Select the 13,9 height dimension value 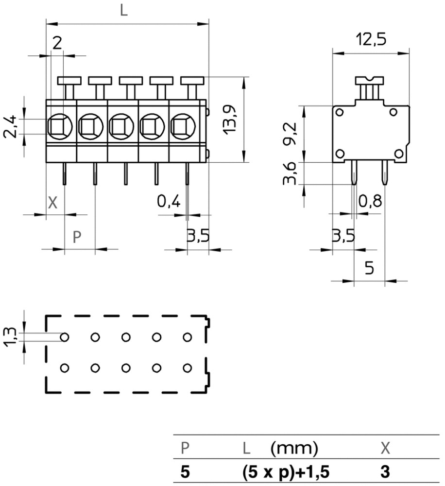click(x=229, y=120)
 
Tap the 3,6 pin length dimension click(x=290, y=174)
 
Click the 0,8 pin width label click(x=370, y=201)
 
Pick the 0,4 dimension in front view click(x=169, y=201)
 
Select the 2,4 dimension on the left click(x=12, y=127)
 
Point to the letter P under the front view click(x=77, y=237)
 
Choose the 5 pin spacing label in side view click(x=369, y=268)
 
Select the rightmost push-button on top click(x=192, y=80)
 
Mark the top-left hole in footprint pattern click(x=65, y=336)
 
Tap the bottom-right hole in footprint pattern click(x=188, y=368)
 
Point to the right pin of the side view click(x=385, y=173)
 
